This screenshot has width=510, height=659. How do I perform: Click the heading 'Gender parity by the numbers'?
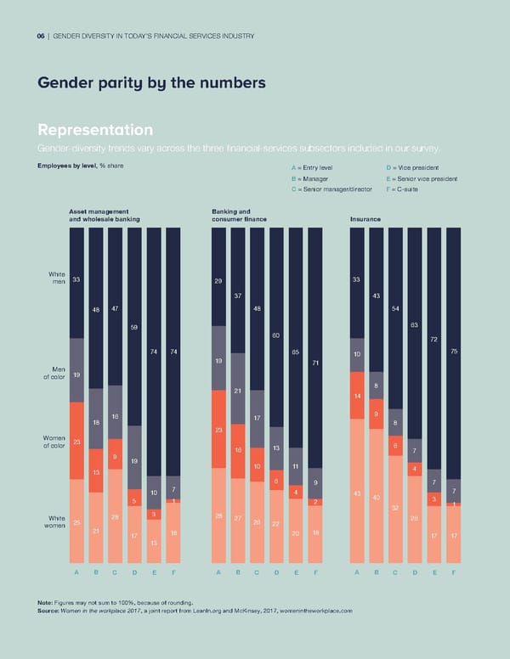[x=151, y=83]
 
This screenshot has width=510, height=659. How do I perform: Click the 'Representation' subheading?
[x=95, y=130]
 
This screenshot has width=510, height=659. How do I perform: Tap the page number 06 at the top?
[x=42, y=35]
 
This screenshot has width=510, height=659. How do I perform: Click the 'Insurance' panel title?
[x=365, y=219]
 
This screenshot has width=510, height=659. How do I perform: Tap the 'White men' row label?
[x=57, y=278]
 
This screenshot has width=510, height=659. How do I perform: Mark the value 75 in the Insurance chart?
[x=454, y=352]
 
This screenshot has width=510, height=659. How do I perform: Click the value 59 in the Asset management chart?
[x=134, y=327]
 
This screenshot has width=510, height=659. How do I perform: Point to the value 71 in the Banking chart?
[x=315, y=363]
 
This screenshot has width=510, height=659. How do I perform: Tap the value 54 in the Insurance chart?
[x=395, y=308]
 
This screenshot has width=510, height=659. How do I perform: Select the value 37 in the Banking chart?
[x=238, y=296]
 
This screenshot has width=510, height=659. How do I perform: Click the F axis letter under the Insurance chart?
[x=453, y=572]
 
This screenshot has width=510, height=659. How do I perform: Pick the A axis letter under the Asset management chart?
[x=76, y=572]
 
